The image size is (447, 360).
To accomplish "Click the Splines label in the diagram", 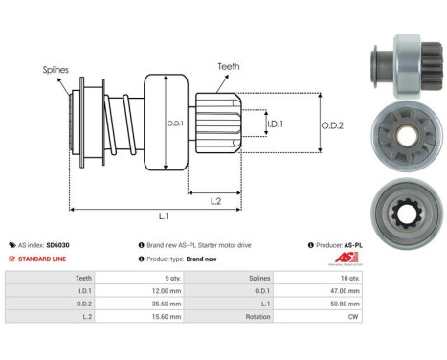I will click(x=55, y=70).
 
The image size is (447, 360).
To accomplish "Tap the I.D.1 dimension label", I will click(x=274, y=124).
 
